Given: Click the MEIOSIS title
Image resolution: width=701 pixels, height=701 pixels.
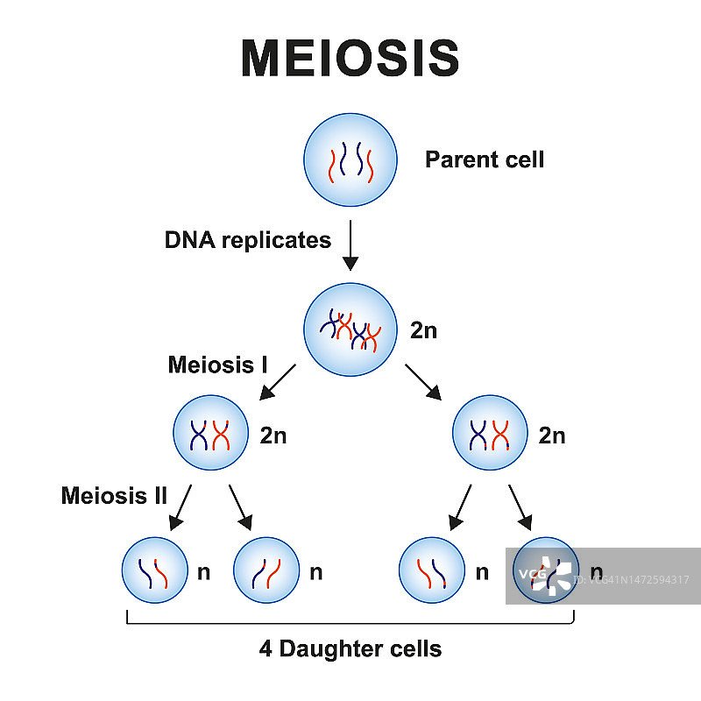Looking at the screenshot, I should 350,58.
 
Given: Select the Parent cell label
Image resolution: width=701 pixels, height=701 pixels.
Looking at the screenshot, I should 484,159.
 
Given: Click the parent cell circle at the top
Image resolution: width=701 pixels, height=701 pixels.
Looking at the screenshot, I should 350,160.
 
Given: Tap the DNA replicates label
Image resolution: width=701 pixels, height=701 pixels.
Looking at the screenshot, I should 248,240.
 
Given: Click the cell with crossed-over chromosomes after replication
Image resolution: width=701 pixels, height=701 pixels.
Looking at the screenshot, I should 350,330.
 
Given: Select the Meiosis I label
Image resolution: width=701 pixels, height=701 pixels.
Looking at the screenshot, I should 217,365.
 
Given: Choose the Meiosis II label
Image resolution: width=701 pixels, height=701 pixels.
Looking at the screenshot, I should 114,496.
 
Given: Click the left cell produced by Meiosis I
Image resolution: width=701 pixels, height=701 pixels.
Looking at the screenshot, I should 210,434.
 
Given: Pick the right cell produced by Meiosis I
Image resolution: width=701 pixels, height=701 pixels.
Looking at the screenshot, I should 490,434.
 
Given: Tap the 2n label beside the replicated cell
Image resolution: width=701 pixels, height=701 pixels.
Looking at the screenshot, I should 423,331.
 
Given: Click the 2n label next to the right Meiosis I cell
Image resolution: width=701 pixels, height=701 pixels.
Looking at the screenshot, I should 552,435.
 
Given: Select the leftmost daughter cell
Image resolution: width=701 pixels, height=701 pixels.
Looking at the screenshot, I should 154,572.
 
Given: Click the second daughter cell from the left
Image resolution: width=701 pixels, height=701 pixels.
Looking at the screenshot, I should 266,572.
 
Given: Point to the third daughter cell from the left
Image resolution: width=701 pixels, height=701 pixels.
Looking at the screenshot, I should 432,572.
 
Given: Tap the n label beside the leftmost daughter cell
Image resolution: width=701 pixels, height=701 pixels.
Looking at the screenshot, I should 204,573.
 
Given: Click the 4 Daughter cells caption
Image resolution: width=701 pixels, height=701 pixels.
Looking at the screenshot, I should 350,649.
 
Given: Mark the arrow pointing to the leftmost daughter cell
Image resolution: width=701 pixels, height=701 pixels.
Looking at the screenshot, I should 180,509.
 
